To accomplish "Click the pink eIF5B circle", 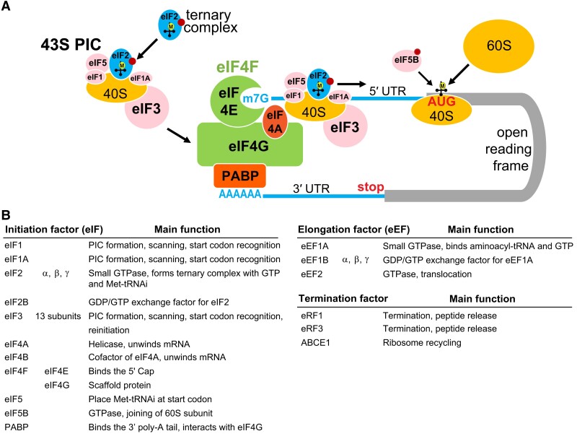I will pos(404,62).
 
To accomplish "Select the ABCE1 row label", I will pos(314,342).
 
